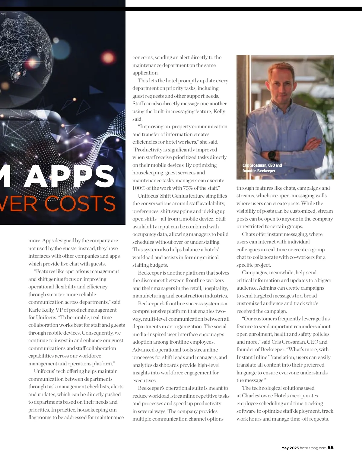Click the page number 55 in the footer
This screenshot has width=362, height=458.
(x=331, y=448)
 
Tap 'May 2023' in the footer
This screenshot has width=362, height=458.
(x=290, y=448)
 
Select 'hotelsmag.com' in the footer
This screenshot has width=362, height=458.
(x=313, y=448)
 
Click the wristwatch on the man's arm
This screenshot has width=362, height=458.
(x=272, y=155)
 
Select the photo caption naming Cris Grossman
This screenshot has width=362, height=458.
(x=262, y=168)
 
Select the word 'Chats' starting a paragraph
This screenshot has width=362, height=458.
(x=248, y=234)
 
